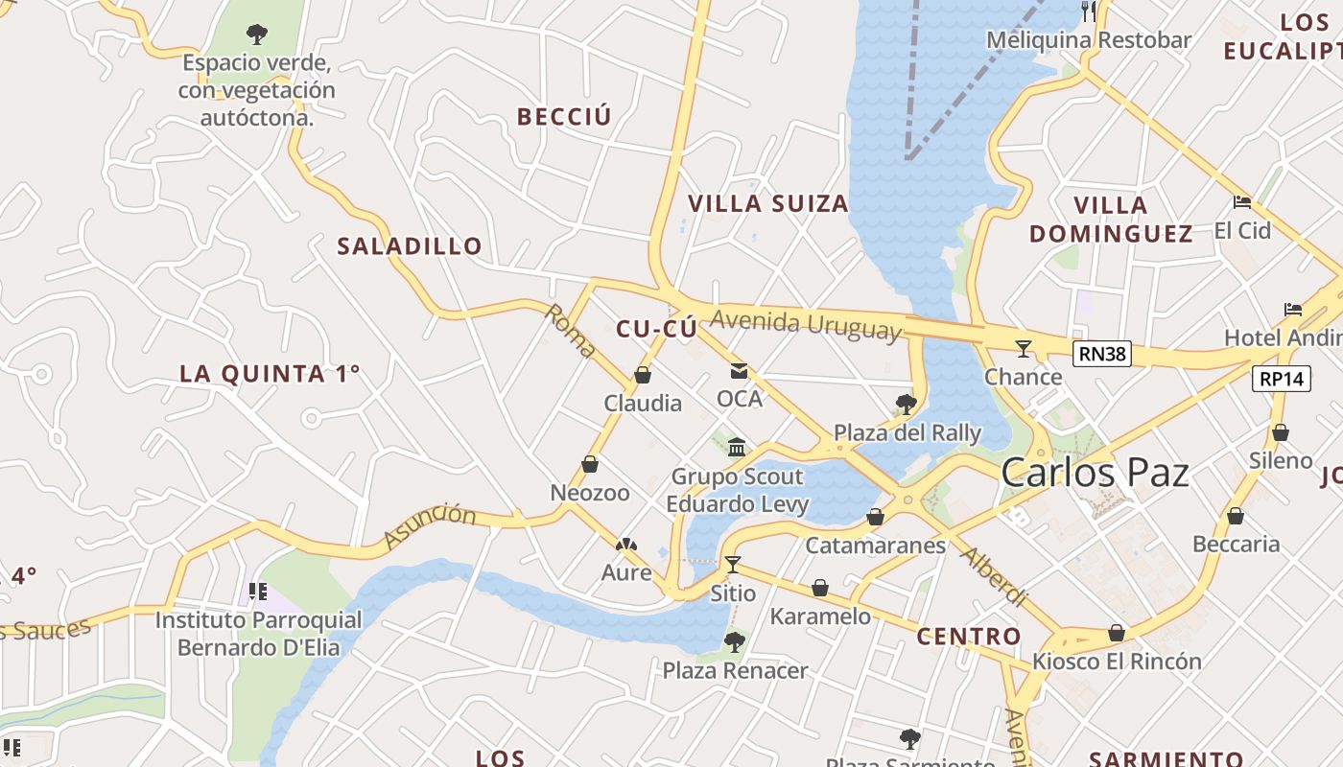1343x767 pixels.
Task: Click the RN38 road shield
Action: click(1101, 354)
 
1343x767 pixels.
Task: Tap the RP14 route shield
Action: click(1281, 379)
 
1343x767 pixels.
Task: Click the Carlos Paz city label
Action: click(1095, 473)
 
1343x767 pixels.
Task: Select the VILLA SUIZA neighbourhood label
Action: click(768, 203)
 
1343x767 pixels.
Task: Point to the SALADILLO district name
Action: click(410, 246)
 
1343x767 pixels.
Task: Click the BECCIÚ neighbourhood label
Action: click(564, 117)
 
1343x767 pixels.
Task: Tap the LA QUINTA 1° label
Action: click(270, 374)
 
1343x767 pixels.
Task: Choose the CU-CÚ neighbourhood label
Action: click(656, 329)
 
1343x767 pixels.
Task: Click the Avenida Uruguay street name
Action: click(806, 324)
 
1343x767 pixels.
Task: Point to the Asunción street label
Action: click(430, 525)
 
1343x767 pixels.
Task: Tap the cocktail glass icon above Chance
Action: click(1024, 348)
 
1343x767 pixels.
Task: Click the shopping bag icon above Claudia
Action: click(643, 375)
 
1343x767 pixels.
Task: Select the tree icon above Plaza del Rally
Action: click(906, 404)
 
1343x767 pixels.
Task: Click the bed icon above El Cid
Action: click(1242, 202)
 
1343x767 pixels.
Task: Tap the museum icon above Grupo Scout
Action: click(737, 447)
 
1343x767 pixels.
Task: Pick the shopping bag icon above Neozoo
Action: click(590, 464)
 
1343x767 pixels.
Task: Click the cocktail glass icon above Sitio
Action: click(733, 564)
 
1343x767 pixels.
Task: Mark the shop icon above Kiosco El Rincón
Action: click(1116, 633)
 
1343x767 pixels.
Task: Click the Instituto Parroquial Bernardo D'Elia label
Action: click(259, 634)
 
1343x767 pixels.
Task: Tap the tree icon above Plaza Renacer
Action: click(735, 641)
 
